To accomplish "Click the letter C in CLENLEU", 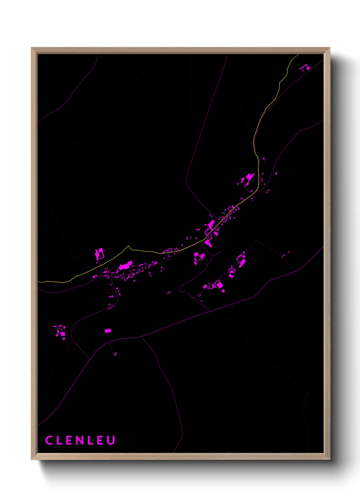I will pyautogui.click(x=49, y=440).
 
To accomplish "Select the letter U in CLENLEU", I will pyautogui.click(x=111, y=440).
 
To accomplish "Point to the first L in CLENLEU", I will pyautogui.click(x=59, y=440).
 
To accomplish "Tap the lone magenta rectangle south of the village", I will pyautogui.click(x=108, y=330).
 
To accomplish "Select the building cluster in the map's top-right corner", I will pyautogui.click(x=305, y=67).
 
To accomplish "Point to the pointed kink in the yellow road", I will pyautogui.click(x=129, y=246).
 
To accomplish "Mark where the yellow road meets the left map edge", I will pyautogui.click(x=38, y=282).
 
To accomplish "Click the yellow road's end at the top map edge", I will pyautogui.click(x=298, y=54).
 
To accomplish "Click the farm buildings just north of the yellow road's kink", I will pyautogui.click(x=99, y=254).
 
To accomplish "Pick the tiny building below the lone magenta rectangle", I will pyautogui.click(x=115, y=354).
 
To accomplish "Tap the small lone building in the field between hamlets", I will pyautogui.click(x=169, y=293).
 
